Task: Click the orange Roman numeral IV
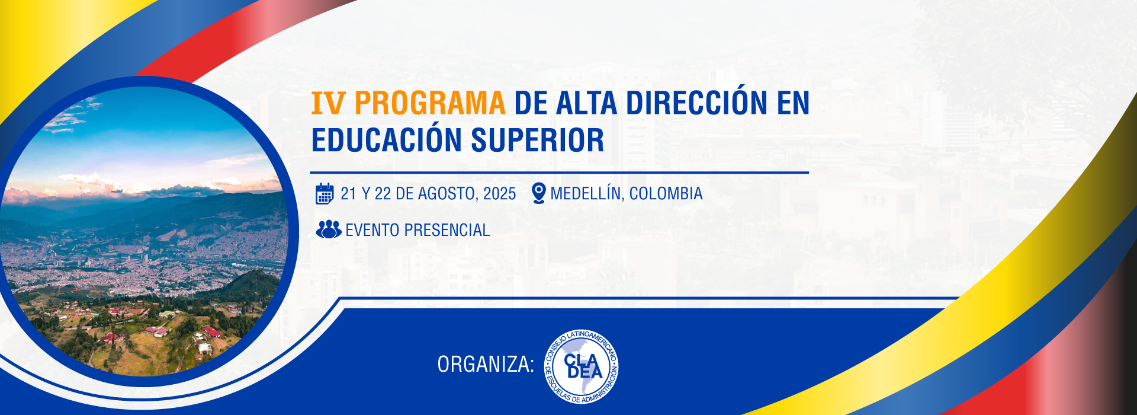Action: pyautogui.click(x=327, y=103)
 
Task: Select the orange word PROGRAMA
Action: pyautogui.click(x=429, y=103)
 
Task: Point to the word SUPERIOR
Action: pyautogui.click(x=538, y=141)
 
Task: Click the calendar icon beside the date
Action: pyautogui.click(x=325, y=193)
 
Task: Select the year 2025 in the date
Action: pyautogui.click(x=499, y=194)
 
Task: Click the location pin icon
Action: pyautogui.click(x=538, y=193)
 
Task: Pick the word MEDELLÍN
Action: pyautogui.click(x=586, y=193)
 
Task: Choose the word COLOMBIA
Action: pyautogui.click(x=666, y=194)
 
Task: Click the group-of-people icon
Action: pyautogui.click(x=329, y=229)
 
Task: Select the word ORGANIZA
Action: pyautogui.click(x=486, y=365)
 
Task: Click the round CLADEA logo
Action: pyautogui.click(x=582, y=366)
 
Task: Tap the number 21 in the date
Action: pyautogui.click(x=348, y=194)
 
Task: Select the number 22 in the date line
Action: pyautogui.click(x=383, y=194)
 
